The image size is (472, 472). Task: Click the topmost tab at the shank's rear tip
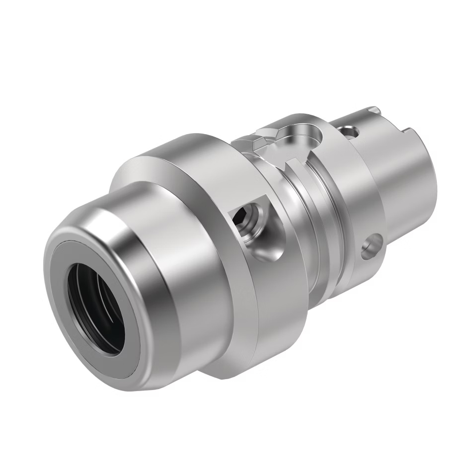(x=373, y=110)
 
